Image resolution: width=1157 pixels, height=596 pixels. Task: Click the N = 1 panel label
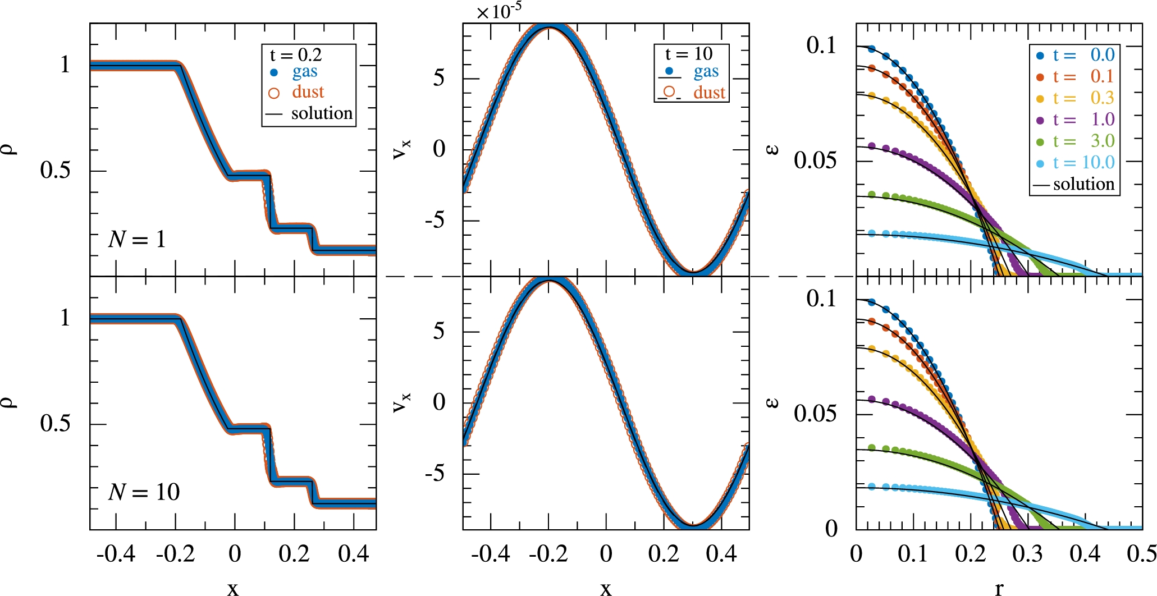point(137,240)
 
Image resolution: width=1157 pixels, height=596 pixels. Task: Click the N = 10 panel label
point(144,492)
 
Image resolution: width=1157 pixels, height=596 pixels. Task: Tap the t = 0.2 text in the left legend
point(296,55)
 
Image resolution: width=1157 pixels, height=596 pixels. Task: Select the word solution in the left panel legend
point(322,113)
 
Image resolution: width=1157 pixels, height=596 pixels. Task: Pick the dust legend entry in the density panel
point(308,92)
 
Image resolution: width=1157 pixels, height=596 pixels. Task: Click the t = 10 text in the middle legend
point(688,54)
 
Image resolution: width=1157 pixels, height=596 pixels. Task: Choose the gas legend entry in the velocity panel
point(706,72)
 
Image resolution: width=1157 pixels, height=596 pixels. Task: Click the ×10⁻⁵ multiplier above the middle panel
point(498,12)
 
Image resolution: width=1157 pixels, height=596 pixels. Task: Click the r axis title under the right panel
point(999,588)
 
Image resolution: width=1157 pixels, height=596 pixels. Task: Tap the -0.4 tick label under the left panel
point(116,554)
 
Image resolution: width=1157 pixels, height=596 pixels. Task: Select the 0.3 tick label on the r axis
point(1027,554)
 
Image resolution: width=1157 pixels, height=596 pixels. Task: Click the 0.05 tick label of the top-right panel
point(815,161)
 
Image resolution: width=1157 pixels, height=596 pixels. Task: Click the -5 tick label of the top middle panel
point(434,221)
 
